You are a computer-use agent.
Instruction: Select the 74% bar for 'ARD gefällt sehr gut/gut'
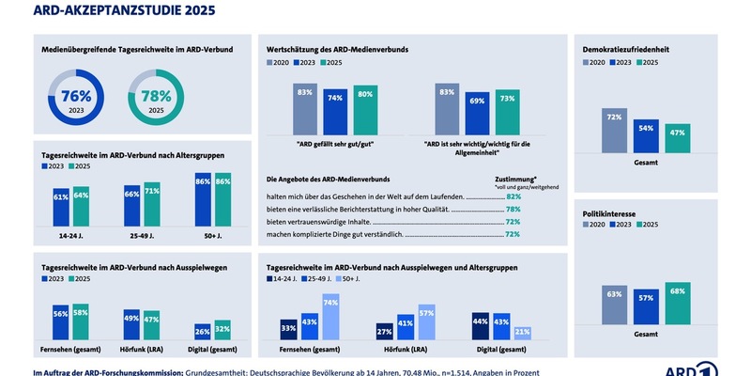coord(333,112)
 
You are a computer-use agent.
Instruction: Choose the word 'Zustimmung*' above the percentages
coord(515,177)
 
